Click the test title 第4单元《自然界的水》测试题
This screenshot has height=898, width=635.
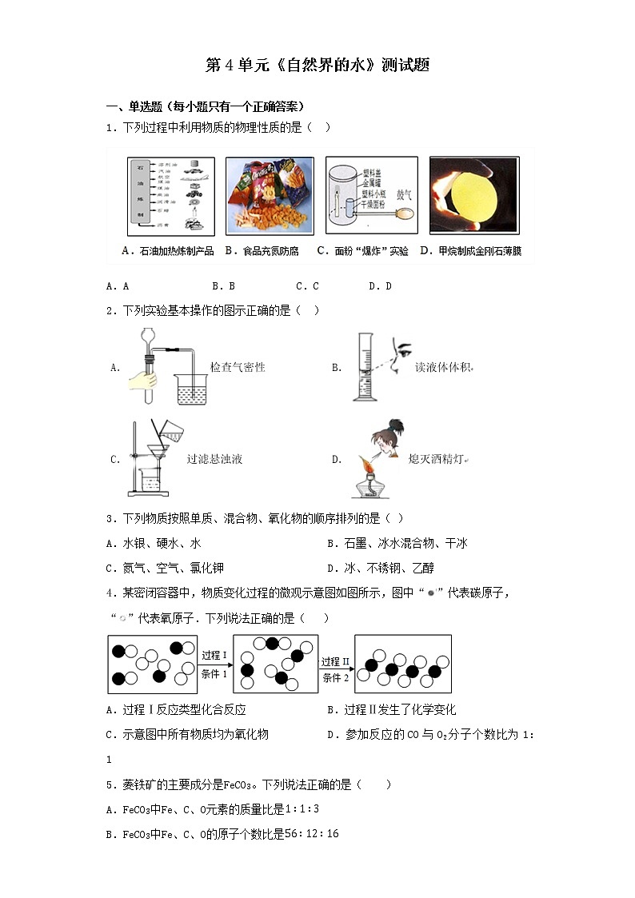point(317,66)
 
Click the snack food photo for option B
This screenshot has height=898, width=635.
point(266,196)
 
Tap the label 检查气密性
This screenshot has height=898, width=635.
point(238,367)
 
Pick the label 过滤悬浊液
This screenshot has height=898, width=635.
point(214,459)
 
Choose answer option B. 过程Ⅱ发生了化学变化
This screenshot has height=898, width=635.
point(392,709)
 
